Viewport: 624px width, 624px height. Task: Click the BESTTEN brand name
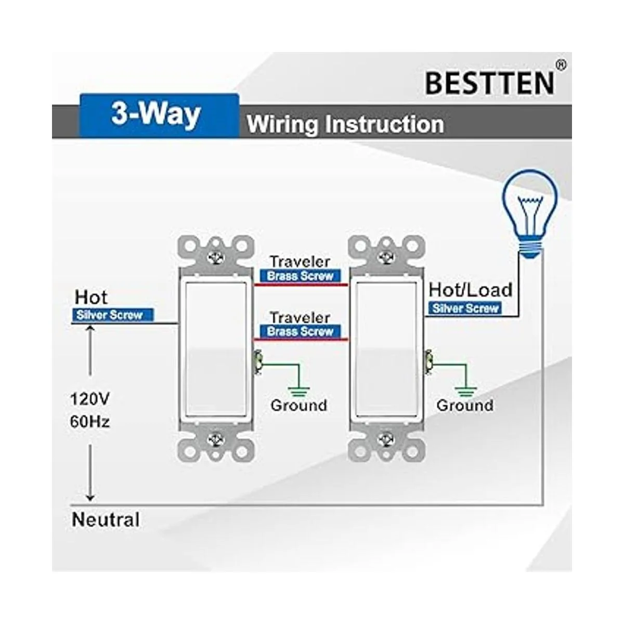pyautogui.click(x=489, y=83)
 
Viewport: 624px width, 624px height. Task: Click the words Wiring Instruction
pyautogui.click(x=345, y=125)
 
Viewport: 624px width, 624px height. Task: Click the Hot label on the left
pyautogui.click(x=91, y=297)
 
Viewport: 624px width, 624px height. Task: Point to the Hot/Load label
pyautogui.click(x=470, y=290)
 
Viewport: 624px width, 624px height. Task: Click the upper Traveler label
pyautogui.click(x=300, y=262)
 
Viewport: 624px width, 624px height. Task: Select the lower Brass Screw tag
pyautogui.click(x=300, y=332)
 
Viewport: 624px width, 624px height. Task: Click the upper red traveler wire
pyautogui.click(x=301, y=284)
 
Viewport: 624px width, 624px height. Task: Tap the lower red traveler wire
pyautogui.click(x=301, y=340)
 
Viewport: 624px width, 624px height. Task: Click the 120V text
pyautogui.click(x=90, y=399)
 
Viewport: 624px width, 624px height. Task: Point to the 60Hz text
pyautogui.click(x=90, y=421)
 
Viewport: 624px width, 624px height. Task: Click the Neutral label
pyautogui.click(x=106, y=519)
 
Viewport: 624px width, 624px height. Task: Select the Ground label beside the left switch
pyautogui.click(x=298, y=405)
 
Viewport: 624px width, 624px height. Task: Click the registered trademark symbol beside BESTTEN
pyautogui.click(x=561, y=65)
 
